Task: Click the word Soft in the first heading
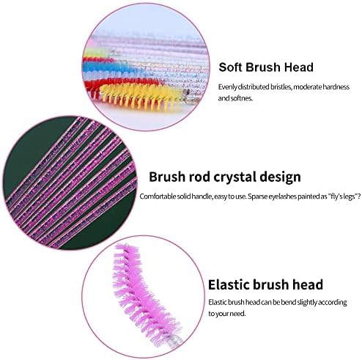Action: click(230, 67)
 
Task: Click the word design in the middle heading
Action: click(280, 177)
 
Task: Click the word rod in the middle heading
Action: click(199, 177)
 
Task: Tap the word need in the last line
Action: click(237, 314)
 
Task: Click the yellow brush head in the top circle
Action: click(141, 96)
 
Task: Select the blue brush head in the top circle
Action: click(110, 67)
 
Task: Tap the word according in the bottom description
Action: click(333, 303)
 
